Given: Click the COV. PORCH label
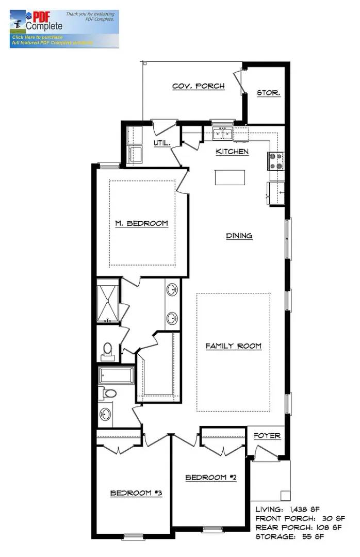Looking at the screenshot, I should pyautogui.click(x=199, y=86).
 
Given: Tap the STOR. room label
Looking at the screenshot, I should pyautogui.click(x=269, y=93).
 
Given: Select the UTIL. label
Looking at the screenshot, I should pyautogui.click(x=162, y=143).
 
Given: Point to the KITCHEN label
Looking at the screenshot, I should pyautogui.click(x=232, y=152).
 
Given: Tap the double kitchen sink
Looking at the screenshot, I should pyautogui.click(x=223, y=135).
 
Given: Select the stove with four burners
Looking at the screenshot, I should pyautogui.click(x=275, y=161).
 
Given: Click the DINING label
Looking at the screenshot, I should pyautogui.click(x=239, y=236).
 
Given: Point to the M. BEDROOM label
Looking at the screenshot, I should pyautogui.click(x=141, y=223).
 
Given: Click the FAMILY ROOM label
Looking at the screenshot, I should pyautogui.click(x=234, y=346).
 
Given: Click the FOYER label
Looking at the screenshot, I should pyautogui.click(x=267, y=436).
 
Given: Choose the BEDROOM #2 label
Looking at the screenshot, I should pyautogui.click(x=211, y=478).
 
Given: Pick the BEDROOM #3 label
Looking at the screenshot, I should pyautogui.click(x=136, y=493).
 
